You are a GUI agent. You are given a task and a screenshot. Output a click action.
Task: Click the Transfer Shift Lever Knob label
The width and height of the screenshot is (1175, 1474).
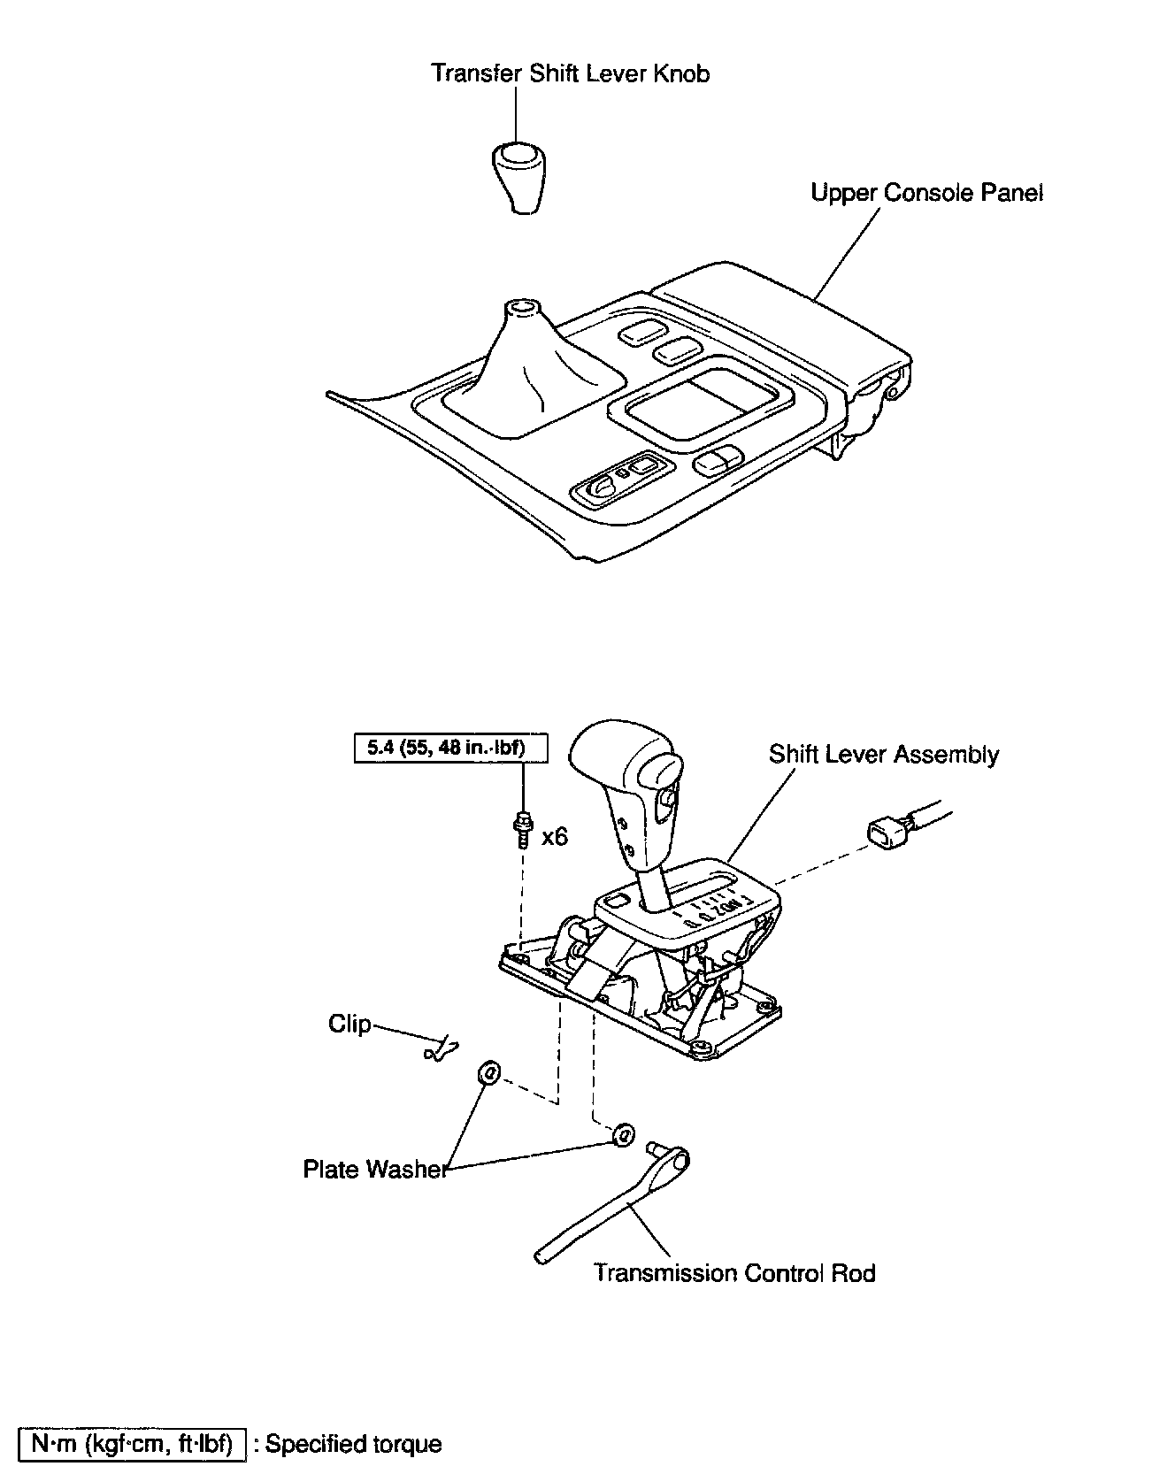[x=570, y=73]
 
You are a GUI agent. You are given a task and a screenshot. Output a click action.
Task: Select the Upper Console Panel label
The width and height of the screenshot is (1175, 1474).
[x=926, y=193]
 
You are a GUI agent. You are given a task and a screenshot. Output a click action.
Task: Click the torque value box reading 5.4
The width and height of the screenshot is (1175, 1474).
[x=450, y=748]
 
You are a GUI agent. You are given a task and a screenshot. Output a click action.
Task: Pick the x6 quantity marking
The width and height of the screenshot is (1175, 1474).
[x=554, y=836]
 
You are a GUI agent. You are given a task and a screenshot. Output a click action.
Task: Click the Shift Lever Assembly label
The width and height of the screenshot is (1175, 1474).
[x=883, y=755]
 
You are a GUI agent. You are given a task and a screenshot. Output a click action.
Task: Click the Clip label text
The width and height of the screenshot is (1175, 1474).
[x=349, y=1024]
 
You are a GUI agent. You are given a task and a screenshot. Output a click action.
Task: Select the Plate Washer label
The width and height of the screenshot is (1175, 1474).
[x=373, y=1169]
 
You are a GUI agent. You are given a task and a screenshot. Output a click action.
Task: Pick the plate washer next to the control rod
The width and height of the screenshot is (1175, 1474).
[x=624, y=1134]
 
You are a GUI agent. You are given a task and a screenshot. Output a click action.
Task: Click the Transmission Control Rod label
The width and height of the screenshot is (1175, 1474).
[x=733, y=1272]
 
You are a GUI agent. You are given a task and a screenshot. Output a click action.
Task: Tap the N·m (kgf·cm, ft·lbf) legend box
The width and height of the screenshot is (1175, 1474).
[x=132, y=1444]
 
